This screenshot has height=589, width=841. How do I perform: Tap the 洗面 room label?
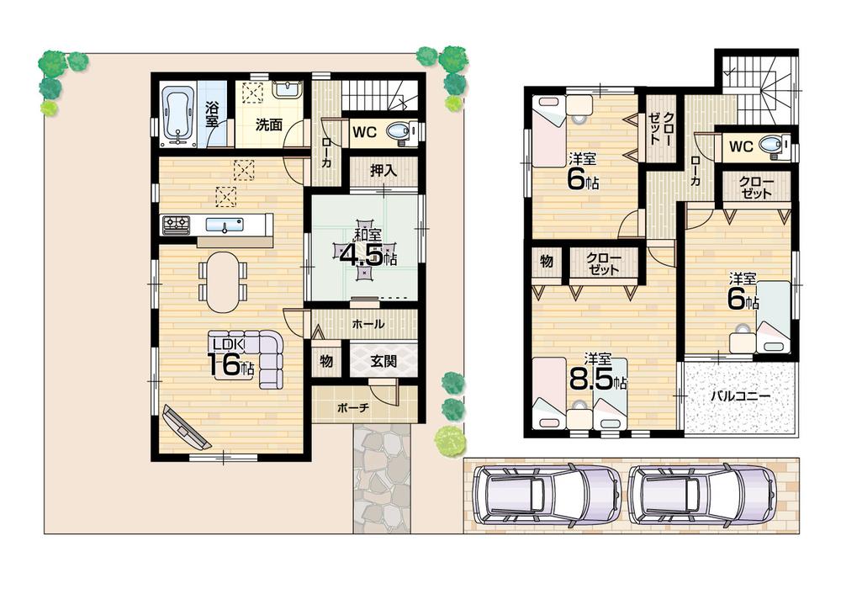tap(269, 125)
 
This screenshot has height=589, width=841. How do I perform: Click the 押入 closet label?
tap(383, 170)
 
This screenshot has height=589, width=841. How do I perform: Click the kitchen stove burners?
tap(176, 224)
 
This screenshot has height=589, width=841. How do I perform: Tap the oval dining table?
tap(223, 281)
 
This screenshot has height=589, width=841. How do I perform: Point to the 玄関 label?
tap(383, 363)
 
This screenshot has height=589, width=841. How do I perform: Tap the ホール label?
tap(368, 324)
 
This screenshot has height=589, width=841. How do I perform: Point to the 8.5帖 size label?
tap(597, 379)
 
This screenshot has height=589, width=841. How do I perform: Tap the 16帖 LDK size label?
tap(229, 363)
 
